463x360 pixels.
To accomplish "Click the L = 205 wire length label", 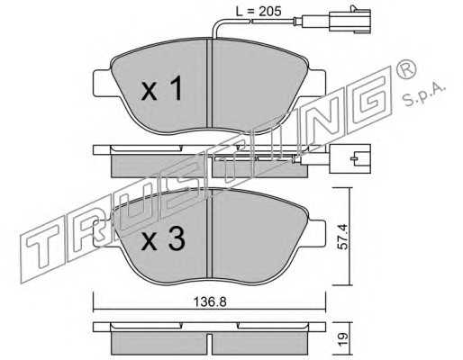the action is [259, 12].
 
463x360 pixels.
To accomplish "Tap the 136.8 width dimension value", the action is [210, 301].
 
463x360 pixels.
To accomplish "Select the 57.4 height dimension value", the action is [342, 237].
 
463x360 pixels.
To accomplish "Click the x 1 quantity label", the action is [162, 88].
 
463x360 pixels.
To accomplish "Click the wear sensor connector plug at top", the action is [350, 21].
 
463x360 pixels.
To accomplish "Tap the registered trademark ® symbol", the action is [406, 70].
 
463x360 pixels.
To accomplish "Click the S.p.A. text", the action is [423, 94].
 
